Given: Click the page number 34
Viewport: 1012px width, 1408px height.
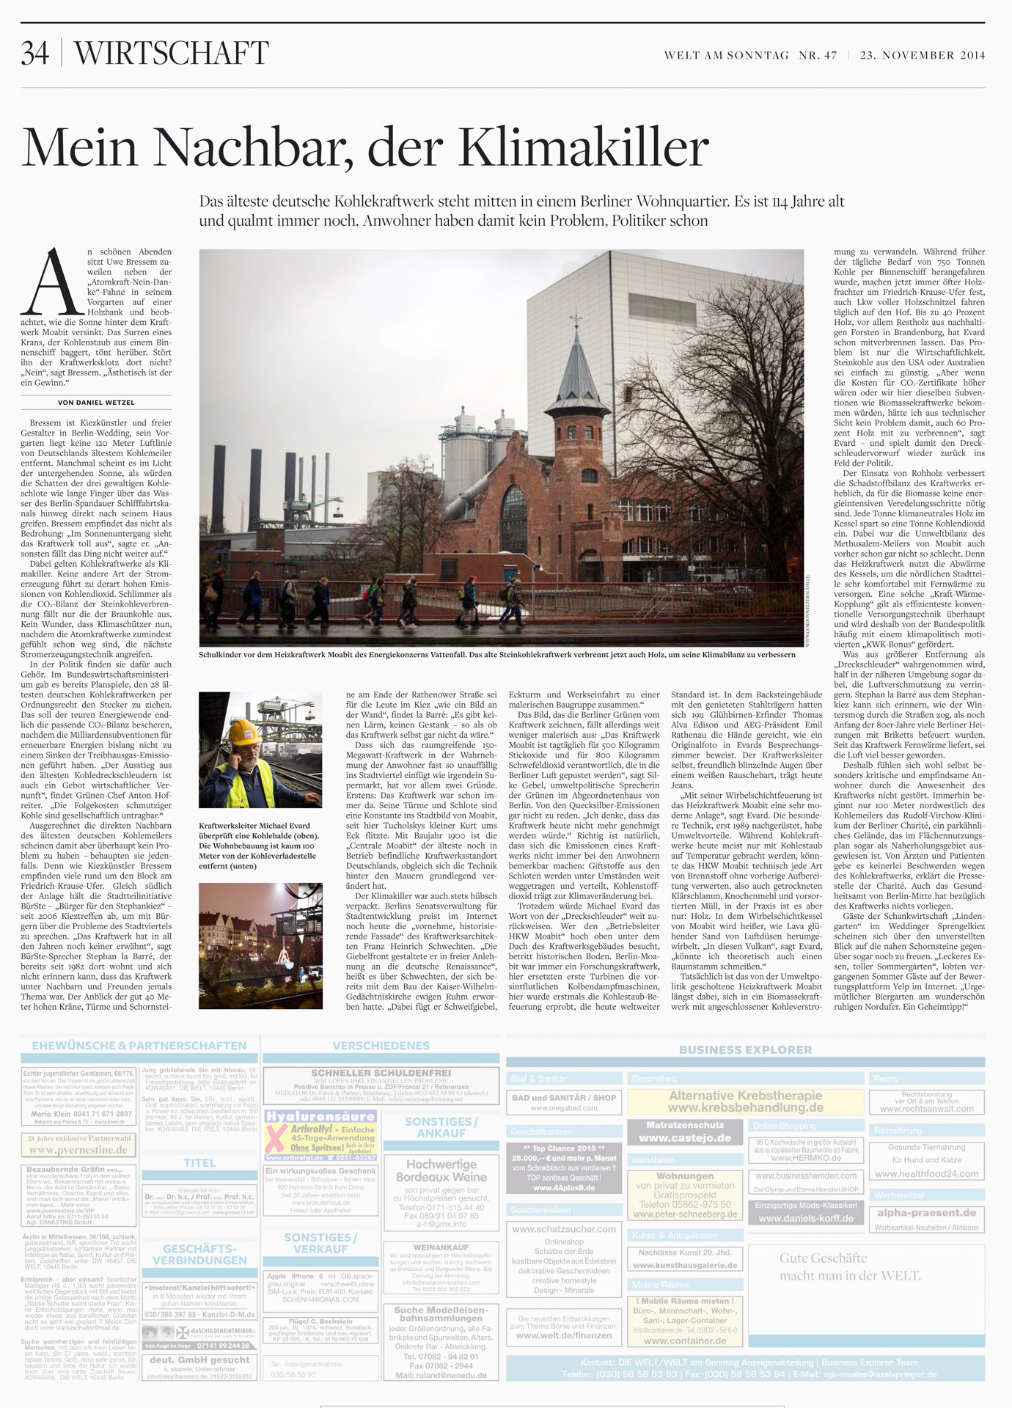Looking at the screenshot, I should point(34,54).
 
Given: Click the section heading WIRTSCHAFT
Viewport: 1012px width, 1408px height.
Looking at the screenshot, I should point(172,54).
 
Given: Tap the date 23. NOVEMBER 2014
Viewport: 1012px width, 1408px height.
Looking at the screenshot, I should point(922,55).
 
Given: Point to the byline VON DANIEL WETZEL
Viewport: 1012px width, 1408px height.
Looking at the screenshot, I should point(96,403).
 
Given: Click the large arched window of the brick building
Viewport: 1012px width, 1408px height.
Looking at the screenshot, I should point(518,517).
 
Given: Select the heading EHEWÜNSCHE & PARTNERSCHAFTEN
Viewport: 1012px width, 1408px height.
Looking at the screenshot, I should point(139,1046).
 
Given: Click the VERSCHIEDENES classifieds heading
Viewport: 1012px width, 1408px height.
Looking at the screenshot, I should point(381,1046).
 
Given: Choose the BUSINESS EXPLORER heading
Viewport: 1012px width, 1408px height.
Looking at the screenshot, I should point(745,1049).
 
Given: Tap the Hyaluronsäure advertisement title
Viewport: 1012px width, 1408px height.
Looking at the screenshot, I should point(320,1116).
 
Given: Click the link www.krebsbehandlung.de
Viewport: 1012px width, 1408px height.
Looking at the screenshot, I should point(745,1107).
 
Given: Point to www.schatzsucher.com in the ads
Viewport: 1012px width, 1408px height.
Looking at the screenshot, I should point(563,1228).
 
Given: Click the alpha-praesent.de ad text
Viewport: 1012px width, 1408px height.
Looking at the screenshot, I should point(926,1212).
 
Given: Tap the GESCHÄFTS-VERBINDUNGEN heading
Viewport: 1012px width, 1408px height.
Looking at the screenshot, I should point(199,1254).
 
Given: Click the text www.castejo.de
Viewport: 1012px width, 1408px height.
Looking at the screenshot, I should point(684,1138).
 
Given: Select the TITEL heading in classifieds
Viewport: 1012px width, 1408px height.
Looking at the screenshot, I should point(199,1162).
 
